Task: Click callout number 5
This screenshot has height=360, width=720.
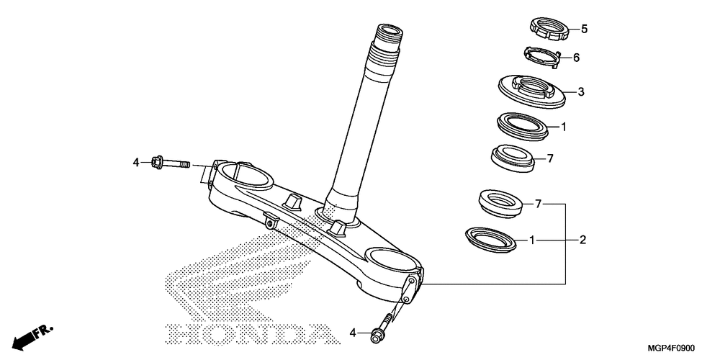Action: coord(585,30)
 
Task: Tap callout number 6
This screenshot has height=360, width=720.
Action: coord(576,58)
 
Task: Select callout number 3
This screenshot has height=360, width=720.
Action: coord(580,92)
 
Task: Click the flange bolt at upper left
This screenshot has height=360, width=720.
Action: coord(169,163)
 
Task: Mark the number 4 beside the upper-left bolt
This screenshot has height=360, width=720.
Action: coord(135,163)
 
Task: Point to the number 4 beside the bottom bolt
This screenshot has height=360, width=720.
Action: coord(353,332)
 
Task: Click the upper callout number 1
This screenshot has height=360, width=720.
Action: coord(564,127)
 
